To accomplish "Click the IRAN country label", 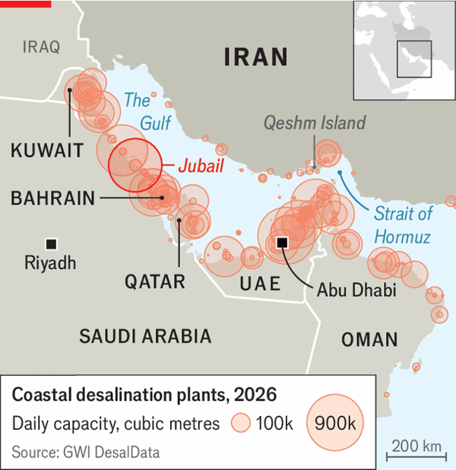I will pyautogui.click(x=255, y=57).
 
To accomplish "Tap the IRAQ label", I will pyautogui.click(x=41, y=47).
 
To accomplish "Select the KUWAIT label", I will pyautogui.click(x=47, y=150).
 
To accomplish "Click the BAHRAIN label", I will pyautogui.click(x=53, y=198).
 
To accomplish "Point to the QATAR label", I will pyautogui.click(x=155, y=282).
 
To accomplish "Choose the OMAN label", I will pyautogui.click(x=369, y=340).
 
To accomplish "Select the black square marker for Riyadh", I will pyautogui.click(x=52, y=243).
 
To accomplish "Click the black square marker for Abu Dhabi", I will pyautogui.click(x=281, y=242).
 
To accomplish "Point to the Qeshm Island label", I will pyautogui.click(x=315, y=122).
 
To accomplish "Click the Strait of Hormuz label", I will pyautogui.click(x=402, y=225).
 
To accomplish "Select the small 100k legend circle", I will pyautogui.click(x=241, y=424).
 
